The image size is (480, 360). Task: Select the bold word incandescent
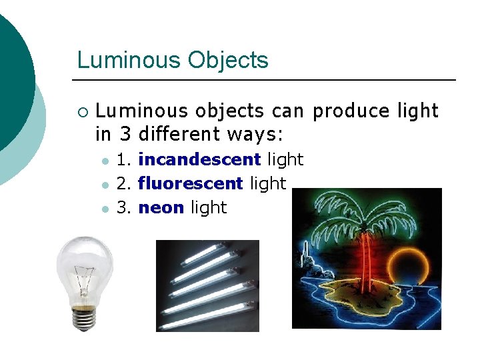(x=199, y=160)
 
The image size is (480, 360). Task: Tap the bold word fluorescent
(x=191, y=183)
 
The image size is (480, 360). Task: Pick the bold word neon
(x=161, y=207)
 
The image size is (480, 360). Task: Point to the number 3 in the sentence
(x=125, y=134)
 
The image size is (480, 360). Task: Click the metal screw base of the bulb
(x=82, y=319)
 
